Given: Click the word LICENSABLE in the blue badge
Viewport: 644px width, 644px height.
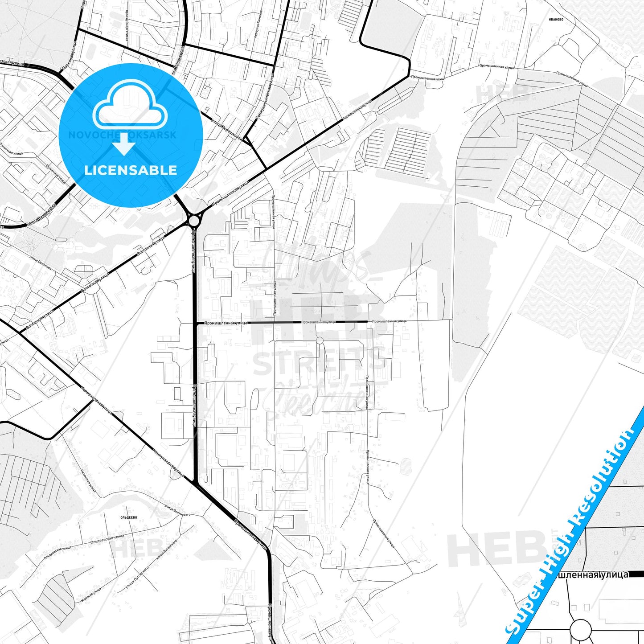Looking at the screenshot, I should [131, 170].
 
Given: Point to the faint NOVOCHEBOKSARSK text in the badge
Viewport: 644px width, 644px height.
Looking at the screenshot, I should [122, 135].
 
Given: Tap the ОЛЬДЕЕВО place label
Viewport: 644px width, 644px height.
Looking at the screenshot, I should [129, 517].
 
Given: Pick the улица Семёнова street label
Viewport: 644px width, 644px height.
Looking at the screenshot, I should [40, 263].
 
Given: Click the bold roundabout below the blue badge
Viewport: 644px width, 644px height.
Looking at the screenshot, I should [194, 221].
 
